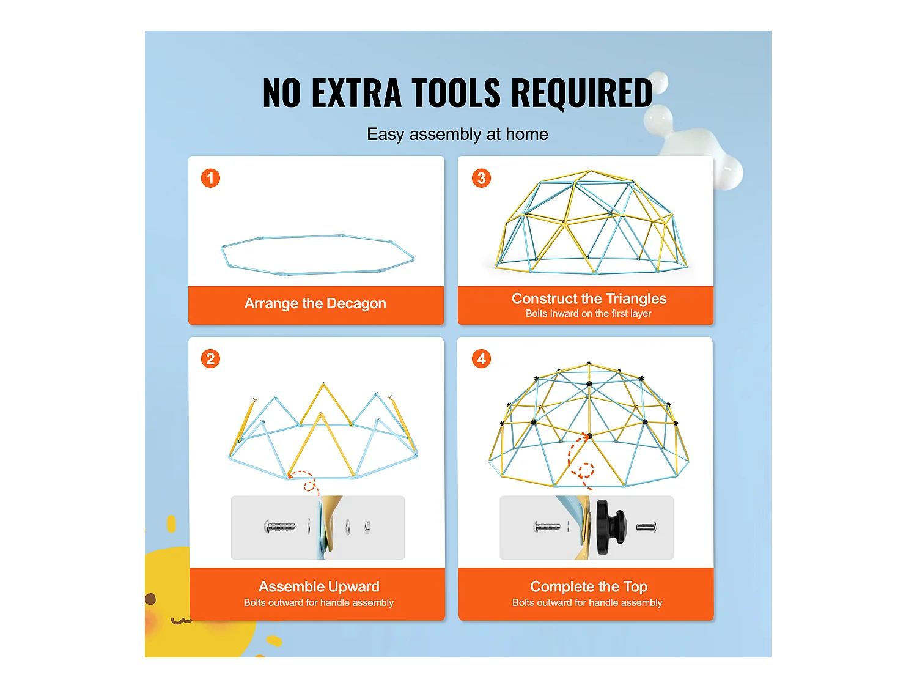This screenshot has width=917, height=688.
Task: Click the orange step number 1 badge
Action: (210, 178)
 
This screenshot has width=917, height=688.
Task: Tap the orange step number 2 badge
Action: (210, 359)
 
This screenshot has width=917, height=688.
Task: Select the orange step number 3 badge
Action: (481, 178)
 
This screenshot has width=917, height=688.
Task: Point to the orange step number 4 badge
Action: (481, 359)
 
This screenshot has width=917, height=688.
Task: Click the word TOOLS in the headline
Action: (456, 93)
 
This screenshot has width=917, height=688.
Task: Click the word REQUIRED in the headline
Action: (581, 93)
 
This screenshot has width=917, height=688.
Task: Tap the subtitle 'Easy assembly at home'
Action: (457, 135)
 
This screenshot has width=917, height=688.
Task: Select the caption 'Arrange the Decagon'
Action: (315, 303)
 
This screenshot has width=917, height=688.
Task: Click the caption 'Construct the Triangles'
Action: (589, 298)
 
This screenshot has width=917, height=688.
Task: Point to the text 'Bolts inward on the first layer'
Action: (588, 313)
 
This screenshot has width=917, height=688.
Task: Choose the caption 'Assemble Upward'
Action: (319, 586)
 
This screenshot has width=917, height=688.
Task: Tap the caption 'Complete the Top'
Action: (589, 586)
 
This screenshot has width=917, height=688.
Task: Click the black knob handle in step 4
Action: (611, 527)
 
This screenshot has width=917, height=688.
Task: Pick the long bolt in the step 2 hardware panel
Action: (279, 527)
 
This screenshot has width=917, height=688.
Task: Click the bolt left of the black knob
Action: (547, 527)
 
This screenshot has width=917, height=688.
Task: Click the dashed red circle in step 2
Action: (309, 486)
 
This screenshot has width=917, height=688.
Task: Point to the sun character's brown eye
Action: (150, 599)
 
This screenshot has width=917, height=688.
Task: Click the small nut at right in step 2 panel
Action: (367, 527)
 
